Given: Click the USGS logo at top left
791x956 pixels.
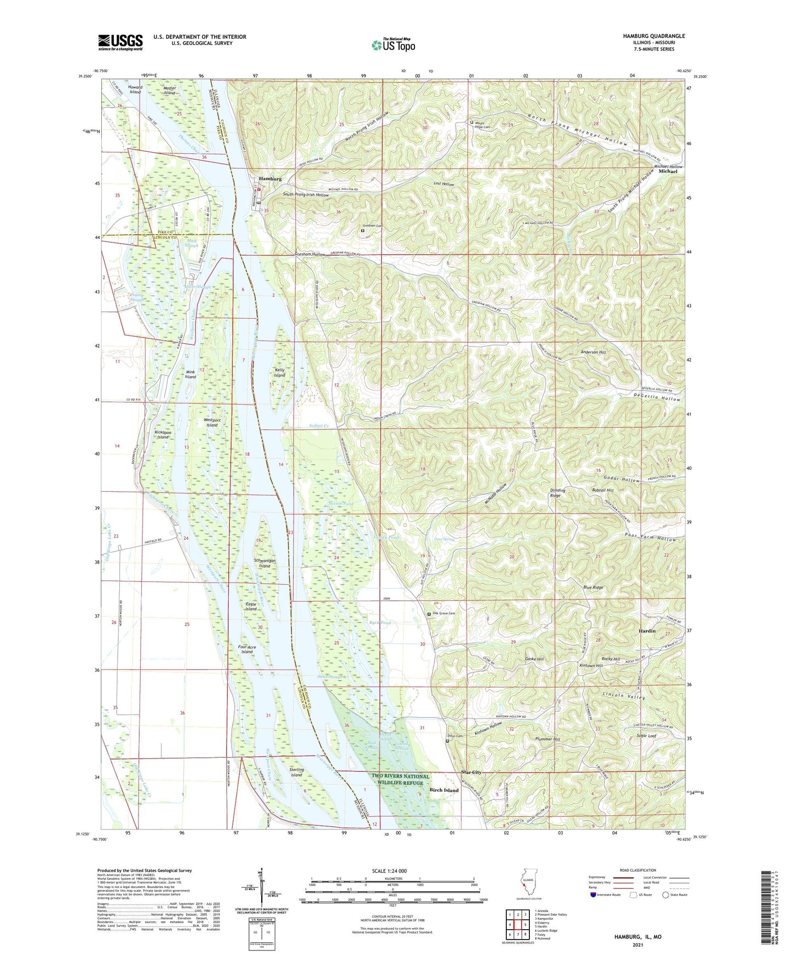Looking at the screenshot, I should point(120,42).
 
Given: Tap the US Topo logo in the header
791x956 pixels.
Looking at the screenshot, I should point(392,45).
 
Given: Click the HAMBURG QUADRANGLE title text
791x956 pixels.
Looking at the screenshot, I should point(654,36).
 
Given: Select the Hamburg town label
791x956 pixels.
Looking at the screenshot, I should point(270,179).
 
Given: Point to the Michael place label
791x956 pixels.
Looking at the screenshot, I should point(668,171).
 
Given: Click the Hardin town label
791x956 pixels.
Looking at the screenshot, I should point(647,631).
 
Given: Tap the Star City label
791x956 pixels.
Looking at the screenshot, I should point(471,772).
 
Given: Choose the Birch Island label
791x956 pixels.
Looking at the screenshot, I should point(443,790).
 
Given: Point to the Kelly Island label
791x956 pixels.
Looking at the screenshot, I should point(280,373).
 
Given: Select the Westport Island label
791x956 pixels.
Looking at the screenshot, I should point(212,422).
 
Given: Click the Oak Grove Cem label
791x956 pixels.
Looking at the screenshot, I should point(444,614).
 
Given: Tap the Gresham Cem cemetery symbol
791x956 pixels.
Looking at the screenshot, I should point(362,231).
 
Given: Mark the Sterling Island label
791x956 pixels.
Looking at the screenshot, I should point(296,772).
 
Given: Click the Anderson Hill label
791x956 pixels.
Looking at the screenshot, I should point(593,352).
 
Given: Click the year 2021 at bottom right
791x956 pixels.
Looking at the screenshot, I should point(637,945).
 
